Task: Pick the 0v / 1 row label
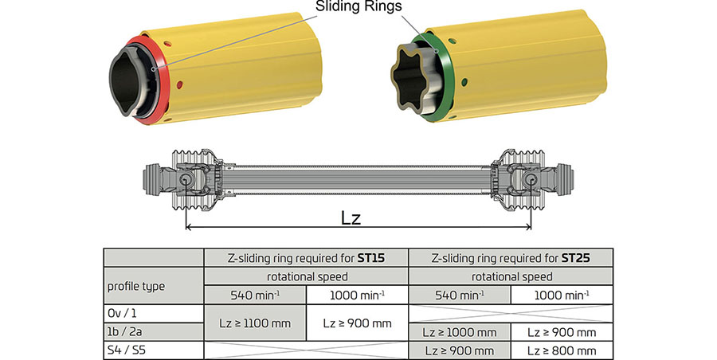click(123, 313)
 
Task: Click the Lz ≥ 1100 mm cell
click(255, 323)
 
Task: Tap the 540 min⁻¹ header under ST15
click(255, 294)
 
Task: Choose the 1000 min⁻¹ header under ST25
click(562, 294)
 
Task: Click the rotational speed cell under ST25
click(511, 276)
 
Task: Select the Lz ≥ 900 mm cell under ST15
click(357, 323)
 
